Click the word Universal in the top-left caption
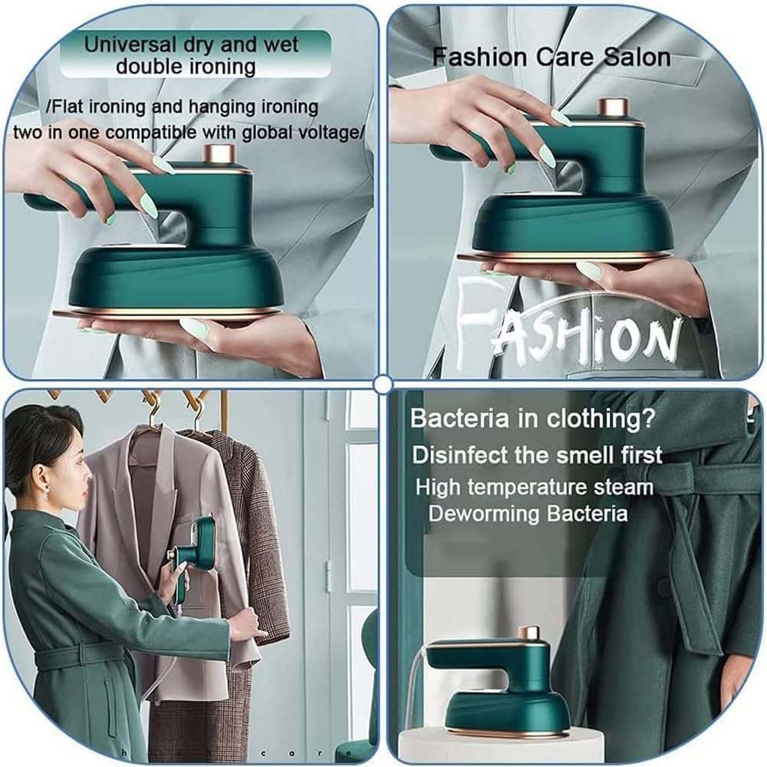125,44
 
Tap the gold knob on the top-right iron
612,109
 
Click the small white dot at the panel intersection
383,383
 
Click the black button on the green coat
664,588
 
